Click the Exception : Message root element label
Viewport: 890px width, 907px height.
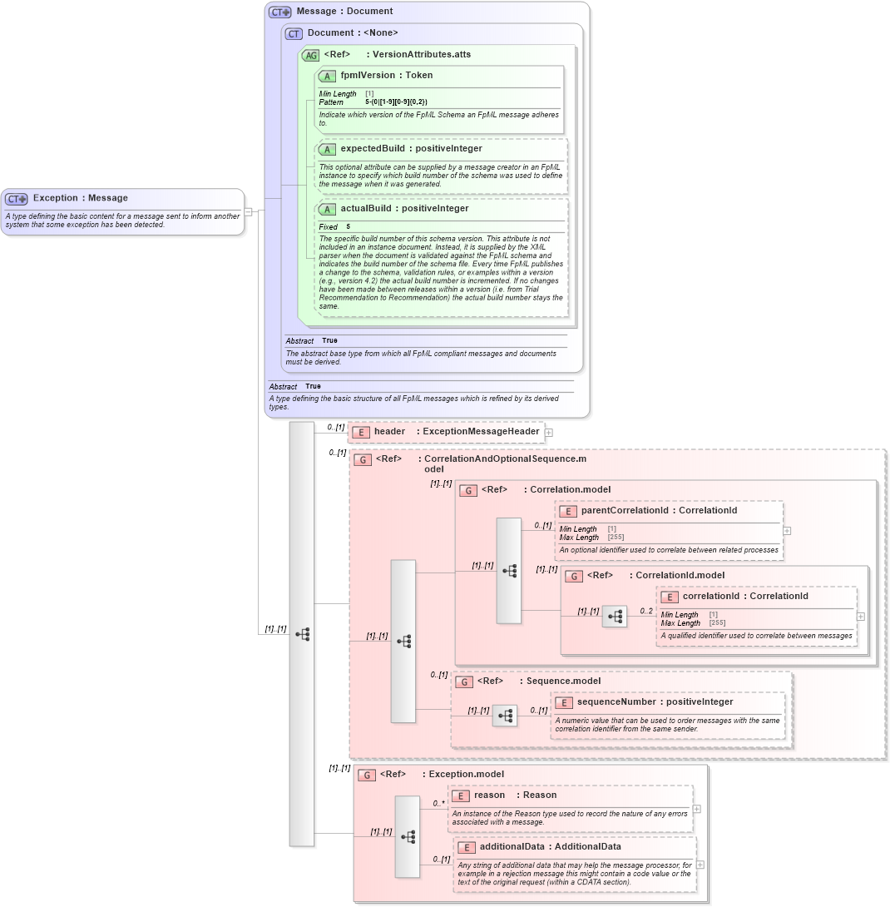(x=80, y=198)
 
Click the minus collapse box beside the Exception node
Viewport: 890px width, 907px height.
(x=248, y=211)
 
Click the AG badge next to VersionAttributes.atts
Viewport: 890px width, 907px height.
(x=310, y=55)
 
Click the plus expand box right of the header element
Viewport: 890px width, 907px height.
(x=549, y=432)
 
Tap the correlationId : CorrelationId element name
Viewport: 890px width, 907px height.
(x=744, y=596)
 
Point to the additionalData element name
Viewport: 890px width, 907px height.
(x=550, y=846)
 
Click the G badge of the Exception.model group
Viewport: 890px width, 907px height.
(x=367, y=775)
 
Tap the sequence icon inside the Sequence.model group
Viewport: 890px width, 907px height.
(x=504, y=715)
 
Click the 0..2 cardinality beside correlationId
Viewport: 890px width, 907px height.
(x=646, y=611)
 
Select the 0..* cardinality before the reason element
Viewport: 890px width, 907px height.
(x=438, y=803)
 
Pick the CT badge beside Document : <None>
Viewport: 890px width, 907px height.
(x=294, y=33)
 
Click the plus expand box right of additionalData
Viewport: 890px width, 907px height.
(x=700, y=865)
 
